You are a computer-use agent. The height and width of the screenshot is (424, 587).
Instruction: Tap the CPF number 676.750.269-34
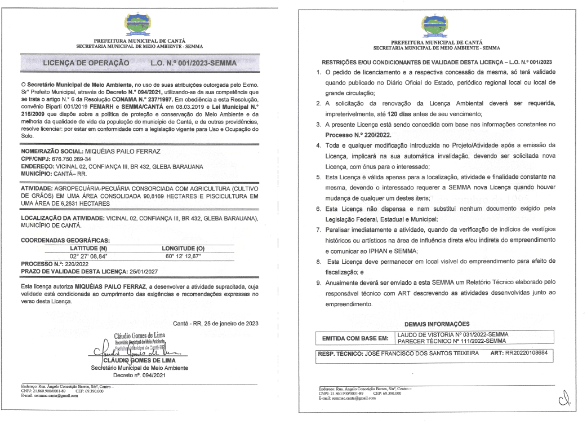72,160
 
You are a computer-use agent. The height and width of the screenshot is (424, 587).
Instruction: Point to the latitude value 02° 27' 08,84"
88,255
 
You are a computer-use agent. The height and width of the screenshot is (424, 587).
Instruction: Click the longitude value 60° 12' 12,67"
184,255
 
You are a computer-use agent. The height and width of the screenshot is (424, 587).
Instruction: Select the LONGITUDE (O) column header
183,248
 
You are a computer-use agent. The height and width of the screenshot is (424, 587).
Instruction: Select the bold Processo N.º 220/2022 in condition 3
358,136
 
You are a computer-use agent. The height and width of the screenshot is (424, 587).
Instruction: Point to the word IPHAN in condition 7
384,250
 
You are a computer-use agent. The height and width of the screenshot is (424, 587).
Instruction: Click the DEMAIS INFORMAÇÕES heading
437,324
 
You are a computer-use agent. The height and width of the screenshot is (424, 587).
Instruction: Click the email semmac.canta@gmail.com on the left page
55,396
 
